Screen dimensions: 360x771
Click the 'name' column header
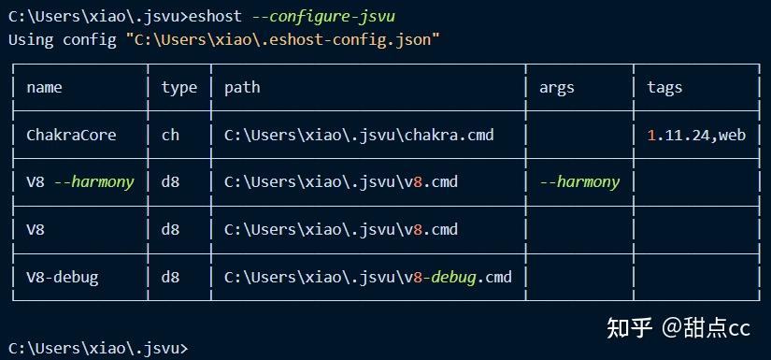[44, 88]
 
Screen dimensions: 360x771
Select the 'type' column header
[178, 88]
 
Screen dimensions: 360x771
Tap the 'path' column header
[242, 88]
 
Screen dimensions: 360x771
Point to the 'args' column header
[557, 88]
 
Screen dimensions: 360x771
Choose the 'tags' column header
[664, 88]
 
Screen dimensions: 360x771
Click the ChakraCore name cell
[71, 135]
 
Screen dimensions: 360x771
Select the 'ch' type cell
[170, 135]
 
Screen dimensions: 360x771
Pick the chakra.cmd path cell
[359, 135]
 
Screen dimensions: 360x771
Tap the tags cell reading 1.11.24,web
[696, 135]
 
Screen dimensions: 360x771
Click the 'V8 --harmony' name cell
[80, 182]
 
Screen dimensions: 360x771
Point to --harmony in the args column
[579, 182]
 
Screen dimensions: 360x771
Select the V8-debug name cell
[62, 277]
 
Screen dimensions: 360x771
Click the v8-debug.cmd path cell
[368, 277]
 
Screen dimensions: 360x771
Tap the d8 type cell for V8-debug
[170, 277]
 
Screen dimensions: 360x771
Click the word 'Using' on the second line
[30, 39]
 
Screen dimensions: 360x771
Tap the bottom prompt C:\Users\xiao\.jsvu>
[97, 348]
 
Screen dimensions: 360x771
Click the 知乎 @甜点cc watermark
[678, 327]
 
